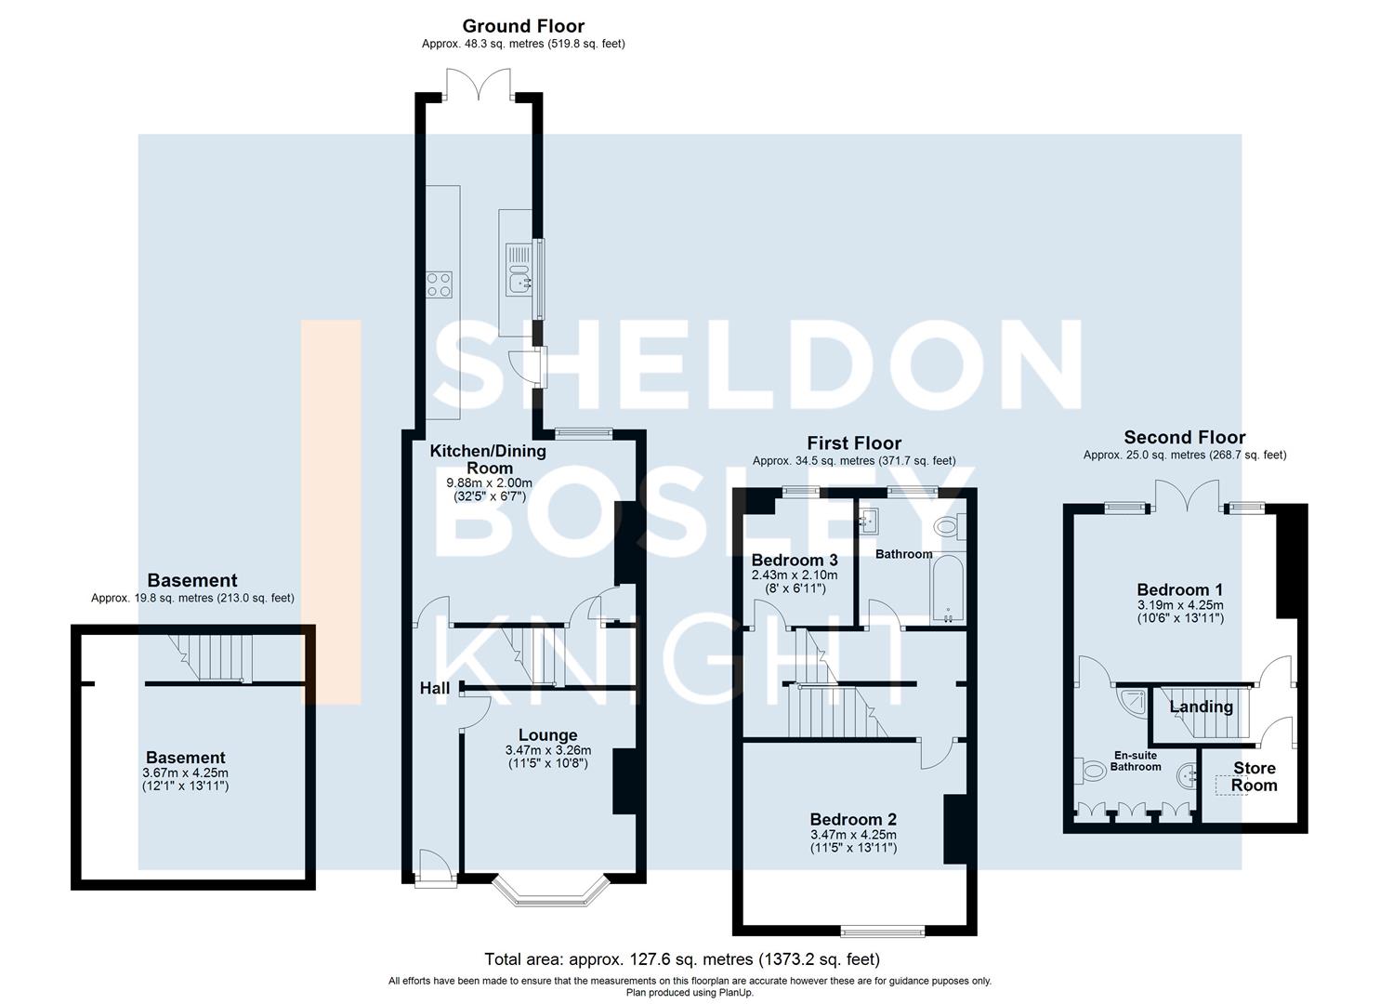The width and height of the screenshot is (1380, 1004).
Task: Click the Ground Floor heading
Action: (523, 26)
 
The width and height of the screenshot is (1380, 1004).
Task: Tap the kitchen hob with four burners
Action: (439, 284)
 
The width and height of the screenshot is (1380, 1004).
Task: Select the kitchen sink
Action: (519, 267)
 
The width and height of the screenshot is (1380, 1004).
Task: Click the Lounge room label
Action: (547, 735)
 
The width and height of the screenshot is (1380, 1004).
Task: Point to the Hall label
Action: (434, 688)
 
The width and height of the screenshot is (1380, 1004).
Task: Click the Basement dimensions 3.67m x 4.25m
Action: (185, 773)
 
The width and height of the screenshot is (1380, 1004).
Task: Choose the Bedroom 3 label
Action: (795, 561)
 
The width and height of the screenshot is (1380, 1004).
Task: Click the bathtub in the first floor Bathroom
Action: (948, 590)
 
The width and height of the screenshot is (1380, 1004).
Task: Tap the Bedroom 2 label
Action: (853, 819)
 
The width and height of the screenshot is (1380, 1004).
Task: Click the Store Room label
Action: (1254, 776)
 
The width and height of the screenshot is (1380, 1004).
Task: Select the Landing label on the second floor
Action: (1201, 707)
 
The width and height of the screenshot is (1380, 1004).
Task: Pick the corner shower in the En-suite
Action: (1131, 702)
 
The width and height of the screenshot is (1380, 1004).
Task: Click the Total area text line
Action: (681, 958)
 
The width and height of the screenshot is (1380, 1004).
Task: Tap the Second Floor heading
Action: (1184, 437)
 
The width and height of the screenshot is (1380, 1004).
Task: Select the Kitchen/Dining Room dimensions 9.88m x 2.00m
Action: (489, 482)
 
